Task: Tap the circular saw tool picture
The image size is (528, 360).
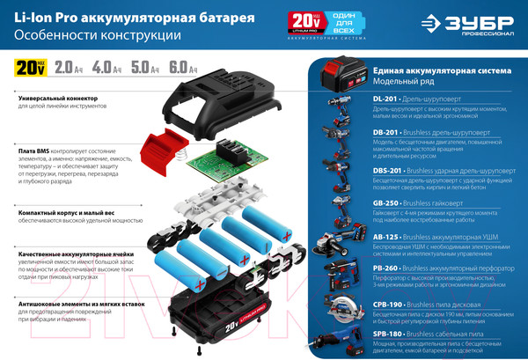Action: pyautogui.click(x=346, y=310)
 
